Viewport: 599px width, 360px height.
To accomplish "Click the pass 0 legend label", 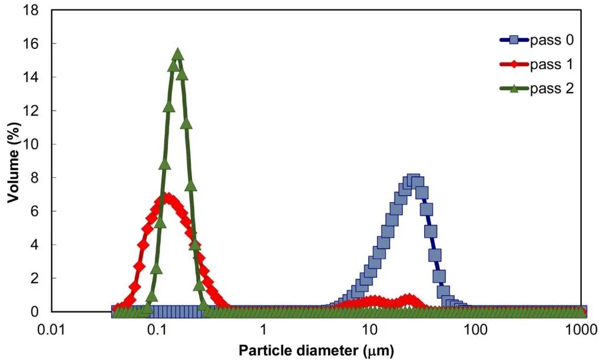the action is click(552, 40).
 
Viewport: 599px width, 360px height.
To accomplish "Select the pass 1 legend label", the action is click(552, 65).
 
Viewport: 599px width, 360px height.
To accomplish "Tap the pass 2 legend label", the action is click(552, 88).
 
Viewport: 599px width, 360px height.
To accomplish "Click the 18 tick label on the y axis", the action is click(31, 11).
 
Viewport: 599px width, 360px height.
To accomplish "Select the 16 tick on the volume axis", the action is click(31, 44).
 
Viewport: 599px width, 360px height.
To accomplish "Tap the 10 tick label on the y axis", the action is click(31, 144).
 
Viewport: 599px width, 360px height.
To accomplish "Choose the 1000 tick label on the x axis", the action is click(582, 328).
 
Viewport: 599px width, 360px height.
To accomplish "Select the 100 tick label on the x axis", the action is click(476, 328).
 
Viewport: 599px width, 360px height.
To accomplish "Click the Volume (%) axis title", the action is click(13, 161).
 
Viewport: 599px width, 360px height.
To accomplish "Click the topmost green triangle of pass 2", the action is click(178, 54).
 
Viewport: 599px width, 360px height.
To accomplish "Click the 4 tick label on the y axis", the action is click(34, 245).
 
